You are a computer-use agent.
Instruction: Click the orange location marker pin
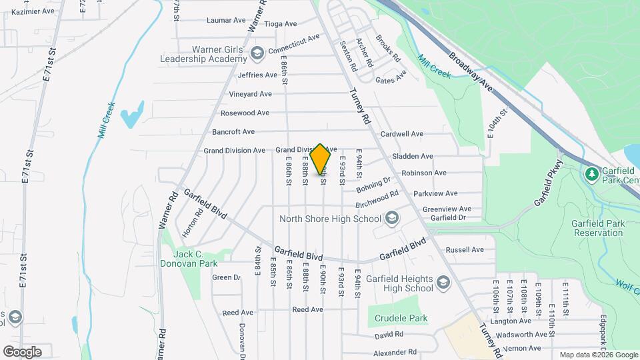click(321, 158)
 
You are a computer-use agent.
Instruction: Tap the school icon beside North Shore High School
click(392, 219)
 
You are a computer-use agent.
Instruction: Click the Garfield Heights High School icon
click(443, 283)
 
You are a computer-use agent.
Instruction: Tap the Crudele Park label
click(401, 318)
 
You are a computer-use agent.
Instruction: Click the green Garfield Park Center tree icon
click(591, 174)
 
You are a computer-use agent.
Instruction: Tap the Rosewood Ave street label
click(249, 113)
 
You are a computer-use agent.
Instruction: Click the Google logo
click(22, 351)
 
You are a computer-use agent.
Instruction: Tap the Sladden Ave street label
click(413, 156)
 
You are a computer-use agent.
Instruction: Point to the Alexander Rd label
click(395, 352)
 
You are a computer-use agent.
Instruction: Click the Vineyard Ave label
click(251, 94)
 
